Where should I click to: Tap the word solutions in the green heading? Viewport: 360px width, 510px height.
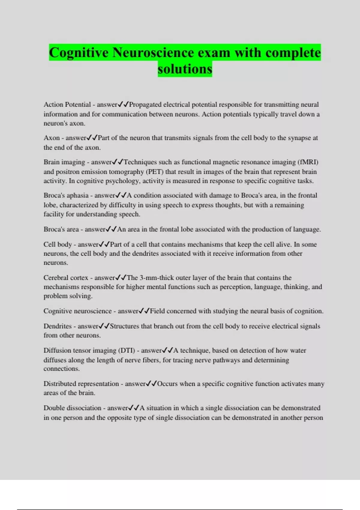(185, 69)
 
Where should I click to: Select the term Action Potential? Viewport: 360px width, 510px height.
(67, 105)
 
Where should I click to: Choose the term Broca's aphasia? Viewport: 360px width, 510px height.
(66, 196)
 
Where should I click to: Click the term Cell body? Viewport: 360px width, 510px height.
(58, 244)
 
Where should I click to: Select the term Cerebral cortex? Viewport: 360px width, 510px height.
(66, 278)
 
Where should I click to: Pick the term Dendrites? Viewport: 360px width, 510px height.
(58, 326)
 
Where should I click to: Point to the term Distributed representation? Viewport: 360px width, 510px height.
(81, 384)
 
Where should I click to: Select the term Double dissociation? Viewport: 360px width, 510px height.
(72, 408)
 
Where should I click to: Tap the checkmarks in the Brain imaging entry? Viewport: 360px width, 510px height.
(118, 162)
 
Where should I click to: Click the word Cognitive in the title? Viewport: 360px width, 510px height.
(79, 53)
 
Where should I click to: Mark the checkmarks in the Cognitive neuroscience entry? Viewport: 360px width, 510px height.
(144, 311)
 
